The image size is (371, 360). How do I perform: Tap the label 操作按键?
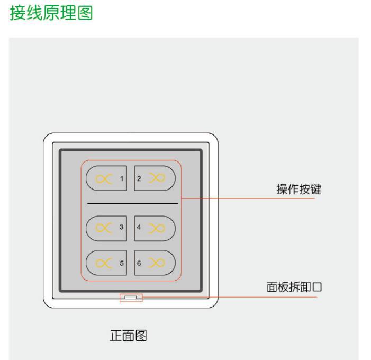[x=300, y=191]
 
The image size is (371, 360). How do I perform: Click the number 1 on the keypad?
[x=122, y=178]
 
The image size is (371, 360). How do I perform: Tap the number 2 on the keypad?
[x=139, y=178]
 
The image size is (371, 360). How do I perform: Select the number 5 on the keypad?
[x=122, y=262]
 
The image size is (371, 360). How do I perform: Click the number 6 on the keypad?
[x=139, y=262]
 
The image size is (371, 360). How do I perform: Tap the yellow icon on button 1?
[x=104, y=178]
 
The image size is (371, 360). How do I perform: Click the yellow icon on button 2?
[x=157, y=178]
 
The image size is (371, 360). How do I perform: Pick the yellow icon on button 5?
[x=104, y=262]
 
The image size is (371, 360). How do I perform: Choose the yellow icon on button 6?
[x=157, y=262]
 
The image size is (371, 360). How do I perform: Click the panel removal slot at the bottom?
[x=131, y=298]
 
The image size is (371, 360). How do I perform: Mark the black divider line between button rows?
[x=132, y=203]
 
